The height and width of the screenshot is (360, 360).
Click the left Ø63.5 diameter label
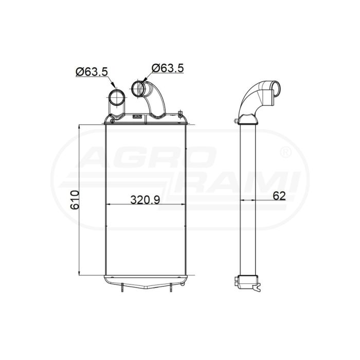pos(92,71)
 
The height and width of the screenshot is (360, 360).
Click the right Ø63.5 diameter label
pos(168,68)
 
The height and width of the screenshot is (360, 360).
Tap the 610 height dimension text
pos(75,200)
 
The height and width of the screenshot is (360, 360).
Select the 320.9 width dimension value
pos(145,200)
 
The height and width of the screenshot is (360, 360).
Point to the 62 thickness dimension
pos(279,196)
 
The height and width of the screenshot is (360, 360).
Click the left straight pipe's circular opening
pos(117,98)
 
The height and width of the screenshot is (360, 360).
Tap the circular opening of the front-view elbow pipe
pos(138,89)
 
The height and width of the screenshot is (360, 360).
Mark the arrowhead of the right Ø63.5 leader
pos(145,79)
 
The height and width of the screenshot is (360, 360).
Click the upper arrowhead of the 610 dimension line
pos(79,127)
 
